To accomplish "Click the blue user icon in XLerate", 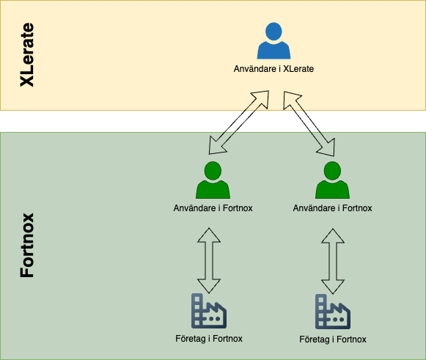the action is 273,41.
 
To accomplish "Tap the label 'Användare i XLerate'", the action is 273,69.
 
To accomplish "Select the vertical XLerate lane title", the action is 27,55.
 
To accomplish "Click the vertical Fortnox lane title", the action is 27,246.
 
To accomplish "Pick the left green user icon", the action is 213,180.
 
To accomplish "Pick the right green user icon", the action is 332,180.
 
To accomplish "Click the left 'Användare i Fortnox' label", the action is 213,208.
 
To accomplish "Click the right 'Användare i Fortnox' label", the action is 332,208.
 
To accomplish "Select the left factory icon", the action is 209,311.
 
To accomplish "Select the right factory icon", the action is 333,312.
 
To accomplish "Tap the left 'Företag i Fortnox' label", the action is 209,339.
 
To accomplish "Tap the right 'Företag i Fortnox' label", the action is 333,339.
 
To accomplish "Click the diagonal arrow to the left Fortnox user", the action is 239,122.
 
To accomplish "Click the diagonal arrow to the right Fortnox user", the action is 309,124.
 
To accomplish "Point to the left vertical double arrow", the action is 209,260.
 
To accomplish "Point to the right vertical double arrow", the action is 333,261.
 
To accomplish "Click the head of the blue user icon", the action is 273,32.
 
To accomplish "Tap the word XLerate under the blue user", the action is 298,69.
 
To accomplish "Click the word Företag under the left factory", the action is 190,339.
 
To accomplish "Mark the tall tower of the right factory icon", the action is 321,312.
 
